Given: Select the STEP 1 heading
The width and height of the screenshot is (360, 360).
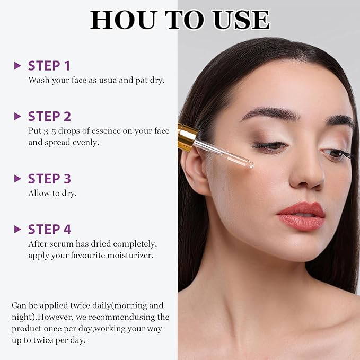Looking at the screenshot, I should click(x=49, y=66).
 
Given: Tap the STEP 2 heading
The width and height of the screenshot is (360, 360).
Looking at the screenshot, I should click(x=49, y=116).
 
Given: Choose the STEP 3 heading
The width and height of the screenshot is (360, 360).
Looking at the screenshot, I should click(x=49, y=179).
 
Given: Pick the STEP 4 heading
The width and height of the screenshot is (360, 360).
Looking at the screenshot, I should click(x=49, y=229).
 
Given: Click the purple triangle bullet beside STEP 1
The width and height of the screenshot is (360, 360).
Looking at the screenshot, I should click(x=17, y=66).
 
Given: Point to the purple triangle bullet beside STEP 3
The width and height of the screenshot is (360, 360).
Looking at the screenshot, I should click(x=17, y=179).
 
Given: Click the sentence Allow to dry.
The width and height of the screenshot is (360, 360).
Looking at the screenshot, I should click(x=52, y=193).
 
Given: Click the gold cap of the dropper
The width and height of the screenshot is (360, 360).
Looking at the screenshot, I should click(x=187, y=136).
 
